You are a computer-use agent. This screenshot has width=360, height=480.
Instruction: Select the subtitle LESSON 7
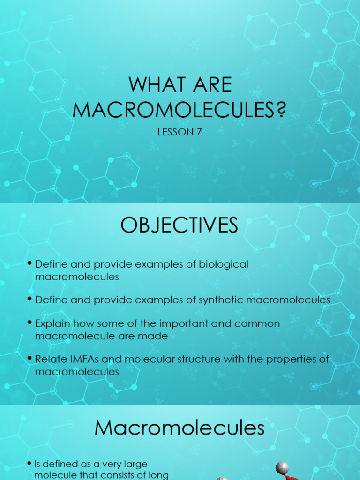pos(180,132)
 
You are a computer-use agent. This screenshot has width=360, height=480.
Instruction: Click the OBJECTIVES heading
pos(180,225)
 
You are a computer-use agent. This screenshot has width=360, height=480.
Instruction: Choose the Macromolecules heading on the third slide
pos(180,428)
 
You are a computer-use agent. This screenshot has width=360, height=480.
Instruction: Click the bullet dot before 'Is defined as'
pos(30,464)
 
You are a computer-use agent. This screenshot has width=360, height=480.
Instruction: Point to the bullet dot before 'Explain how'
pos(30,323)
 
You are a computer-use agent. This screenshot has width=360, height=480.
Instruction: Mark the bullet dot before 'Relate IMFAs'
pos(30,359)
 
